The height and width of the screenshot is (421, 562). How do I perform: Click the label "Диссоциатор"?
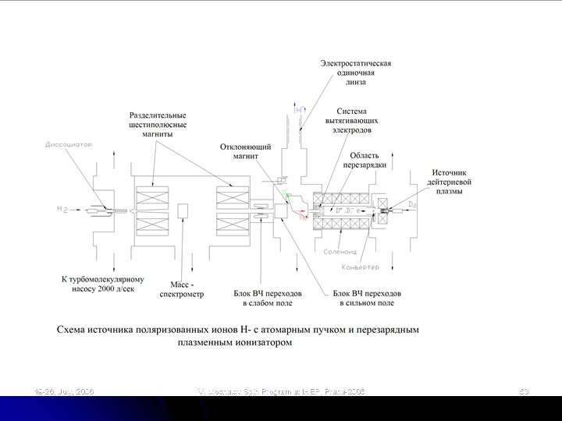(x=69, y=145)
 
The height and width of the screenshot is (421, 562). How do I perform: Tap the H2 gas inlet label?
(x=62, y=210)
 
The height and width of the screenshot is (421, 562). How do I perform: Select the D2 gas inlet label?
(x=413, y=204)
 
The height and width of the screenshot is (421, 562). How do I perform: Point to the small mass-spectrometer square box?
(x=184, y=211)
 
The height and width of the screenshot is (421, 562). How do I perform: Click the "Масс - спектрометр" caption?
(x=187, y=289)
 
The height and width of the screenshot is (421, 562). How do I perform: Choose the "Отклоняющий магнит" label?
(x=246, y=151)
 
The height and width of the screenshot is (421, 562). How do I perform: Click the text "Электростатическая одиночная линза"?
(x=357, y=71)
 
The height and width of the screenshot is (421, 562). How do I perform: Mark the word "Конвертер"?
(x=361, y=267)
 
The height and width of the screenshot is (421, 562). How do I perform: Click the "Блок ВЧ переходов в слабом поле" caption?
(x=264, y=298)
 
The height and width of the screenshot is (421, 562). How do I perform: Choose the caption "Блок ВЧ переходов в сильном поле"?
(x=363, y=298)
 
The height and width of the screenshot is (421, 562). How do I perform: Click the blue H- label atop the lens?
(x=301, y=110)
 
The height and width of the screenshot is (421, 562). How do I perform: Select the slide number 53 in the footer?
(x=524, y=389)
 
